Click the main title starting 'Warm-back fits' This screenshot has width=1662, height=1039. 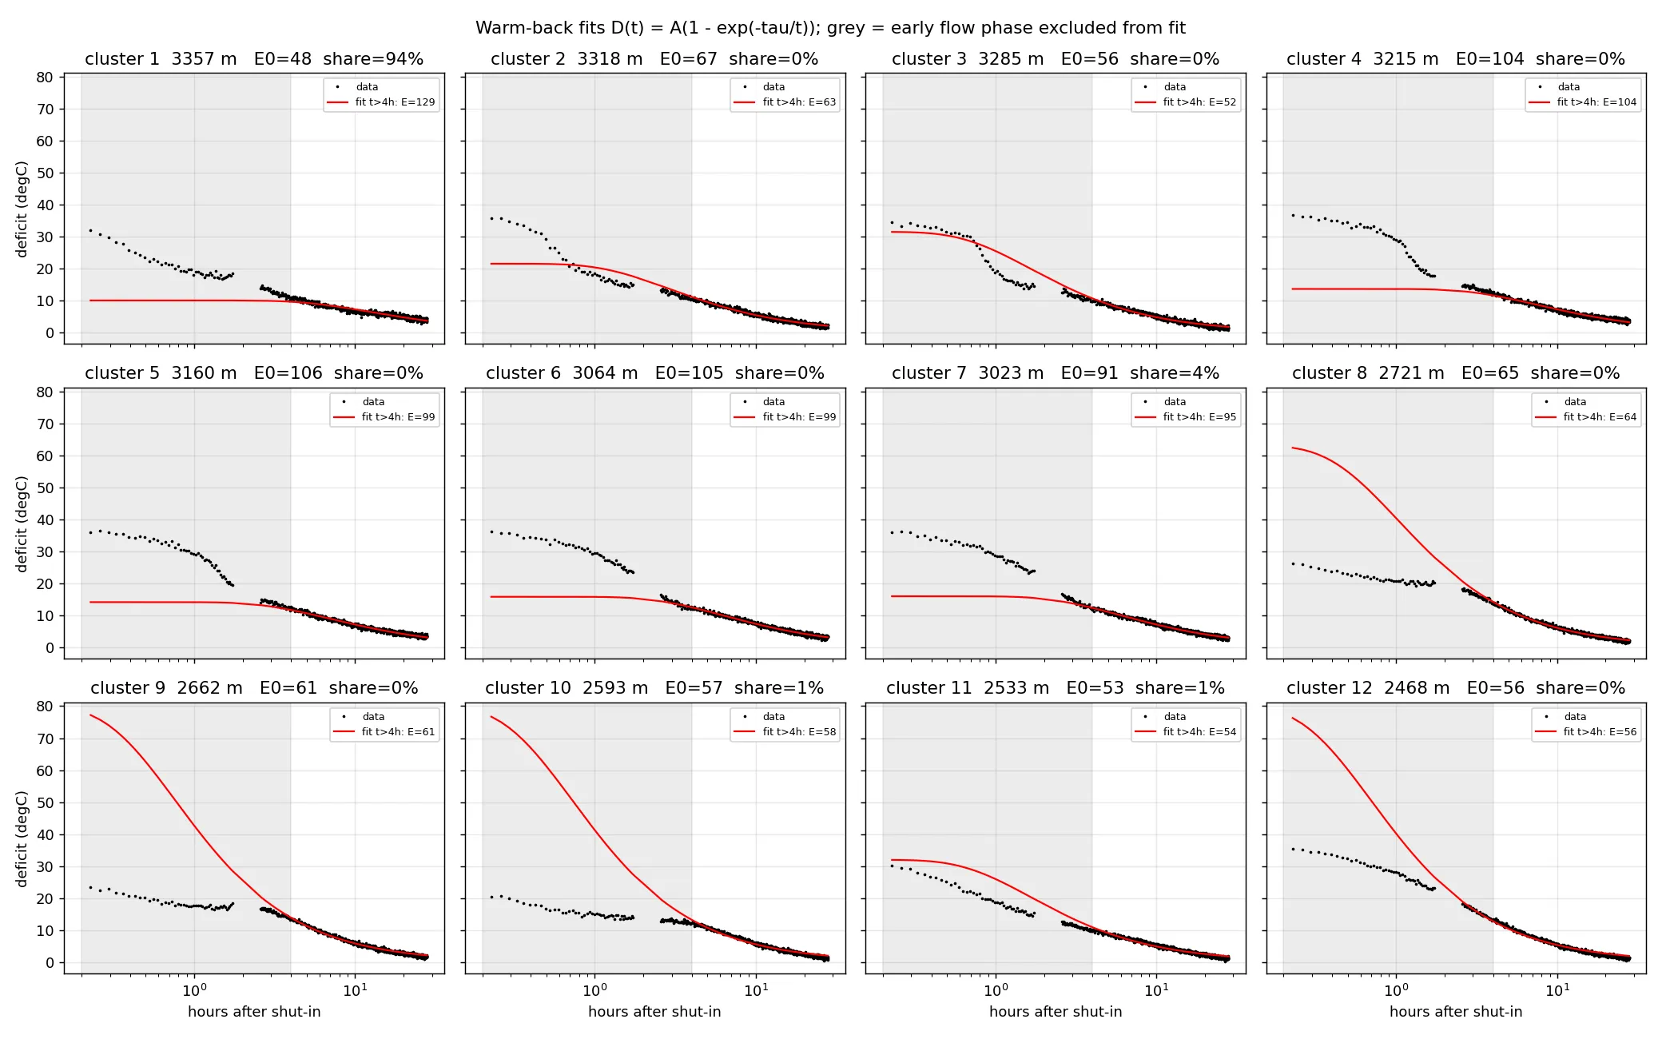click(830, 28)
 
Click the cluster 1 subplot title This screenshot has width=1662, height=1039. click(254, 59)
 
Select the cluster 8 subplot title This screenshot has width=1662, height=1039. click(1456, 373)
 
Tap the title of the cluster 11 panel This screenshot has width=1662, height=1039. click(1055, 688)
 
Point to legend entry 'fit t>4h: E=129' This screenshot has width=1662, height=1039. click(381, 102)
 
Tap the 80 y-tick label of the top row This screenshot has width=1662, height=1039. click(45, 78)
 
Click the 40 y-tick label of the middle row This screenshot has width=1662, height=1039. click(45, 520)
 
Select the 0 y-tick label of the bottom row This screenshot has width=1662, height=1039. click(50, 963)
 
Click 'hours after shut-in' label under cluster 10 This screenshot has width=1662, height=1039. click(654, 1012)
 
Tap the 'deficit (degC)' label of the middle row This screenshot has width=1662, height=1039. click(22, 524)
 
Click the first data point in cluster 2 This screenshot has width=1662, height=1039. click(491, 218)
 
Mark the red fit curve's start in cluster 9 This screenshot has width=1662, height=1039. click(90, 715)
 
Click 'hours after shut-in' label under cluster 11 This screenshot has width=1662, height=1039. click(1056, 1012)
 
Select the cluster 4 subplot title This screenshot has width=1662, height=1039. click(1456, 59)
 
